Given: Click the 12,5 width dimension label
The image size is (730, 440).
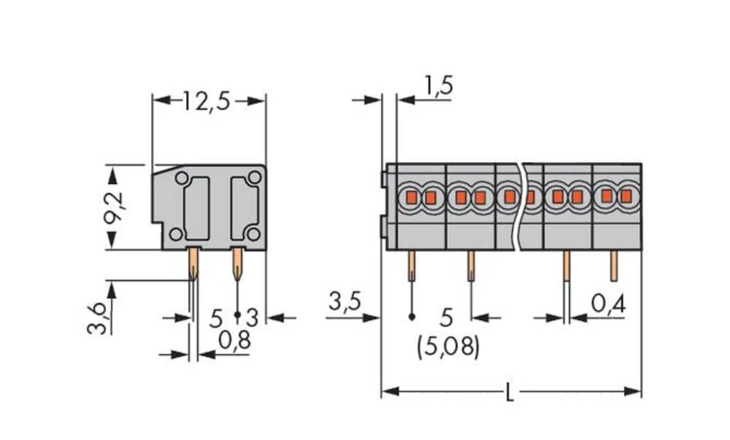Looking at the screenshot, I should (206, 101).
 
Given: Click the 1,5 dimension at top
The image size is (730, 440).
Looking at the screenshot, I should (438, 87).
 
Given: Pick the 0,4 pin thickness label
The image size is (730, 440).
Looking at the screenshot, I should (607, 302).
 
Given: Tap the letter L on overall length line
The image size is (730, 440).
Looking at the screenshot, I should (510, 394).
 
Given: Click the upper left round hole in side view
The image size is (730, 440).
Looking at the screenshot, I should (180, 177).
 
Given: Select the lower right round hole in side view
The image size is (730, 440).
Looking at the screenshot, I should (253, 233).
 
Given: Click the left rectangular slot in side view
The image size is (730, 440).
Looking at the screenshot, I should (196, 208).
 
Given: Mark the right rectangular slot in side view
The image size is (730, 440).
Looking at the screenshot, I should (243, 208).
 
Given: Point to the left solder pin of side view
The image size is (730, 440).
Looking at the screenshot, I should (193, 263).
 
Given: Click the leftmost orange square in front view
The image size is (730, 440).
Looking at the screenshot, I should (411, 197).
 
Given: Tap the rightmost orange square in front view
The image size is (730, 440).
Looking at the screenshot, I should (626, 196).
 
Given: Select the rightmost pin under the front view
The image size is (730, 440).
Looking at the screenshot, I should (614, 266).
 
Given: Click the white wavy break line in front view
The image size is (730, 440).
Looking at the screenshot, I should (519, 208).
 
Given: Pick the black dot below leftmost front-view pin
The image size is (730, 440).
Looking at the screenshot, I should (412, 317).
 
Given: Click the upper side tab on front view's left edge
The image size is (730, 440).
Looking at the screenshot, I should (383, 178).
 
